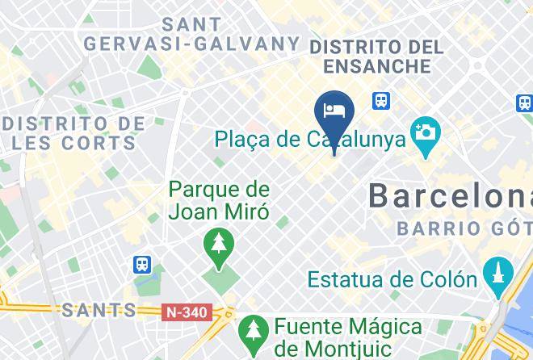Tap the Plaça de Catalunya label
coord(309,140)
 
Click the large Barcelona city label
coord(449,196)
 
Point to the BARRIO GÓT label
coord(464,229)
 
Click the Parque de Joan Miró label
coord(218,201)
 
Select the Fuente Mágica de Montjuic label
coord(347,338)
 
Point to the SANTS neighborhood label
coord(99,310)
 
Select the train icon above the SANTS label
coord(143,265)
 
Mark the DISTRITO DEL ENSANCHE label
coord(376,56)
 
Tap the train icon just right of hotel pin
coord(381,101)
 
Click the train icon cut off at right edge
coord(525,103)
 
